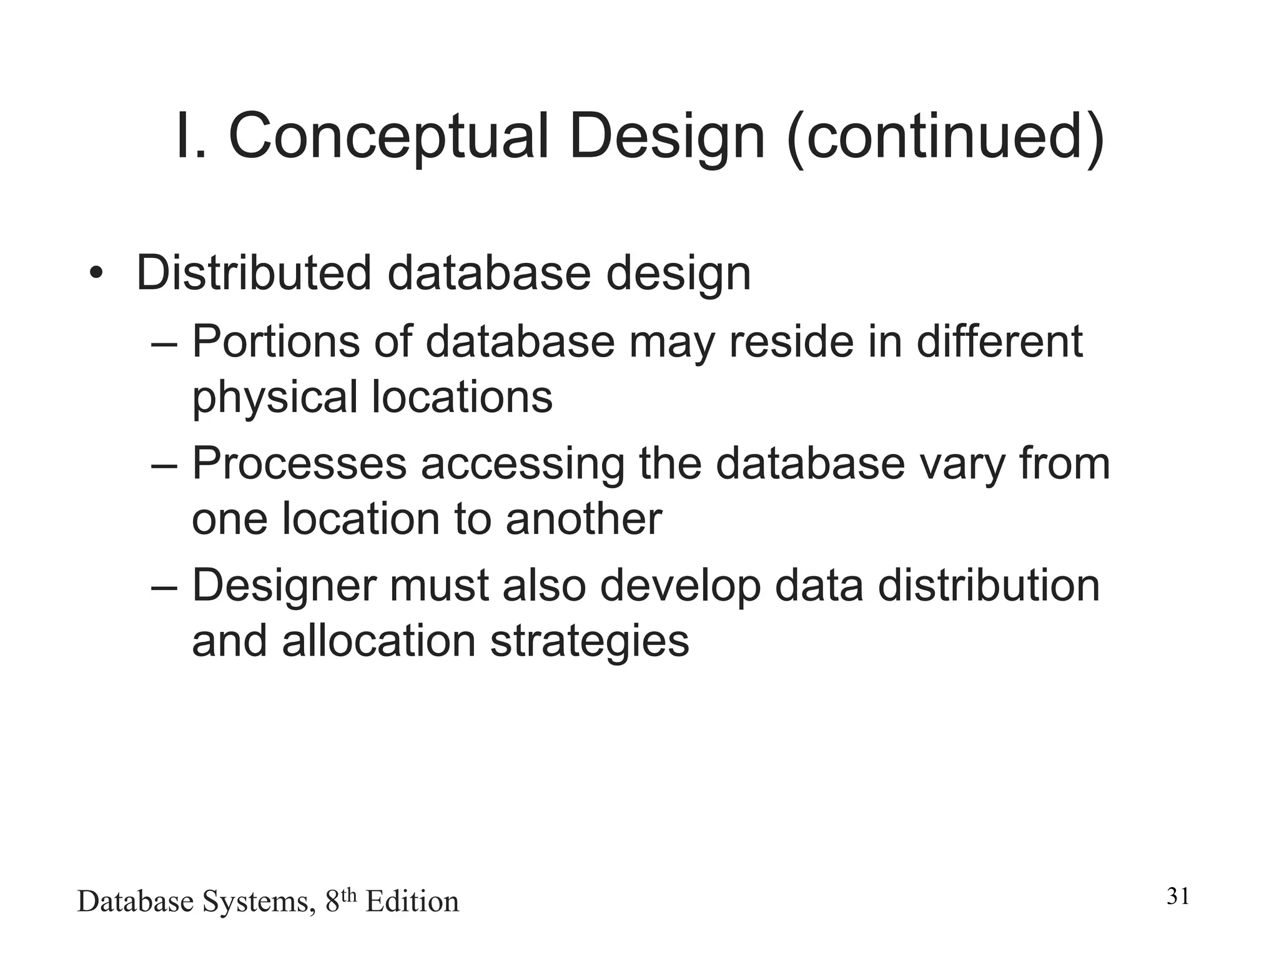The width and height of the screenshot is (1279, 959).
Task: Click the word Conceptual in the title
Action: coord(388,136)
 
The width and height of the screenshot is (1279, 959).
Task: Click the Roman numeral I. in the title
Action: coord(192,136)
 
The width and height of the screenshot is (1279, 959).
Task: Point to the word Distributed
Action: coord(254,273)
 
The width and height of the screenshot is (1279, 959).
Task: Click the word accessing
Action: coord(522,465)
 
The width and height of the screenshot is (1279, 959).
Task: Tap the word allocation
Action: coord(379,641)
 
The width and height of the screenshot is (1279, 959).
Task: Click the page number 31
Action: coord(1178,897)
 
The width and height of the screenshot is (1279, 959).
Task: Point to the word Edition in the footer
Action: coord(412,902)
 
